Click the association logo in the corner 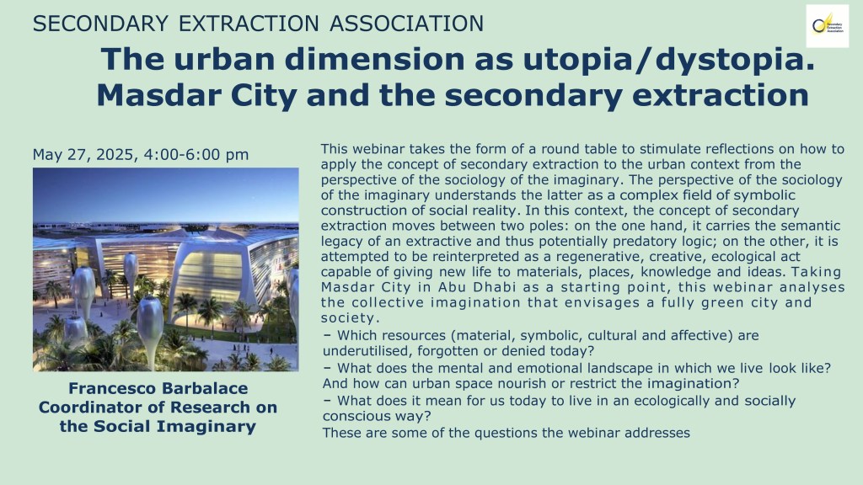pos(828,26)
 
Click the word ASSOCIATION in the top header pos(407,24)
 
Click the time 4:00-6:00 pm pos(196,155)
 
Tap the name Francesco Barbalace pos(158,388)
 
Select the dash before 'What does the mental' pos(328,368)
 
